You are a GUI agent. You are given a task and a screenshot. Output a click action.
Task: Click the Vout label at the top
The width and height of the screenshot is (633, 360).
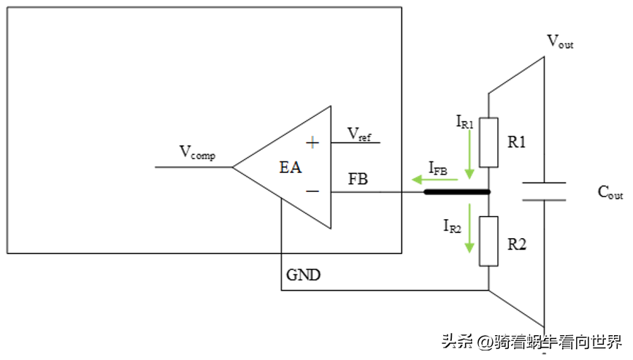pos(560,41)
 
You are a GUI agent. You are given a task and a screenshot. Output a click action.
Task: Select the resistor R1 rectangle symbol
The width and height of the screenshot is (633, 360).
pos(488,142)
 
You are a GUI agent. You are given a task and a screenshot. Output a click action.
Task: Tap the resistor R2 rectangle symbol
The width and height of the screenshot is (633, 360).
pos(488,241)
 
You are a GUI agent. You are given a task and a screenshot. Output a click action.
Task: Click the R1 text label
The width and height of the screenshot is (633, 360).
pos(517,142)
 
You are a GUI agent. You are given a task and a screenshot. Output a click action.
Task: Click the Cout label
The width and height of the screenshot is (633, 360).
pos(610,193)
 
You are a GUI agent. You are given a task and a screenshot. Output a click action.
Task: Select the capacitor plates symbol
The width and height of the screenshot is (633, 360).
pos(545,192)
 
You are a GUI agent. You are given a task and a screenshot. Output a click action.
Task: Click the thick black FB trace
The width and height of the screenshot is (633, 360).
pos(456,193)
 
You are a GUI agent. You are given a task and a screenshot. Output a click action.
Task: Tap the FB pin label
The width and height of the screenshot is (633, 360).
pos(358,179)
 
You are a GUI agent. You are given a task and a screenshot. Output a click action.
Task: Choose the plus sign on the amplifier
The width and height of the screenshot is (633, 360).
pos(312,142)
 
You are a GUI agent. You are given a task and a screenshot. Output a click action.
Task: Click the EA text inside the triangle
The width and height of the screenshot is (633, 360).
pos(291,168)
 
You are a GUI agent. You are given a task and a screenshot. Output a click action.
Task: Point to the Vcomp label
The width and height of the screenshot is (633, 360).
pos(197,153)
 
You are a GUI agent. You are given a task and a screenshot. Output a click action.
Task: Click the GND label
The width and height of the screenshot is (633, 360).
pos(303,275)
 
